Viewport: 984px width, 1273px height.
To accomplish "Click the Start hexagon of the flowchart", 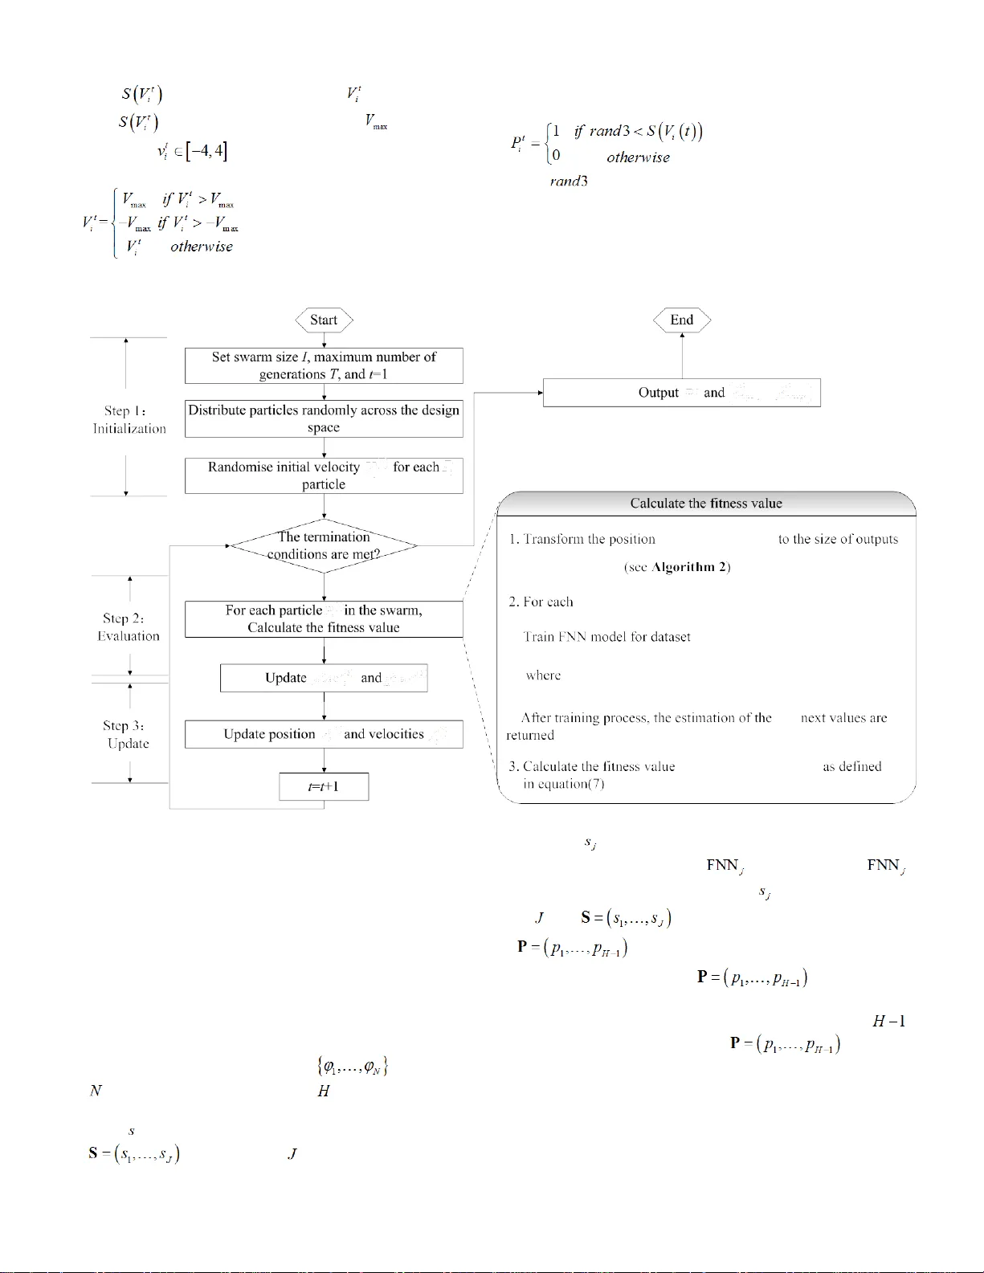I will pos(324,320).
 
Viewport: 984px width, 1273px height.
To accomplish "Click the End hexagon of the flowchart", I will pos(682,320).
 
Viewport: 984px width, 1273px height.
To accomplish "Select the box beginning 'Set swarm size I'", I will pos(324,365).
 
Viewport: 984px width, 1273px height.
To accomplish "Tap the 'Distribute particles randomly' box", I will pos(324,418).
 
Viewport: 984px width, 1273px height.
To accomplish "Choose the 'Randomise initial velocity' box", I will pos(324,475).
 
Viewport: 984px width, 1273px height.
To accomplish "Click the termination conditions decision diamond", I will pos(324,545).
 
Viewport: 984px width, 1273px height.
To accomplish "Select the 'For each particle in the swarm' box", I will pos(324,619).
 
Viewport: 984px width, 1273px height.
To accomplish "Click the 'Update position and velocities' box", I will pos(324,734).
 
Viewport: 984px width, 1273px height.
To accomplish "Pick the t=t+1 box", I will pos(324,786).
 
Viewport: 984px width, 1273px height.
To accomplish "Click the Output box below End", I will pos(682,393).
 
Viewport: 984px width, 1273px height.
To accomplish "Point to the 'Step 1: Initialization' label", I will pos(129,420).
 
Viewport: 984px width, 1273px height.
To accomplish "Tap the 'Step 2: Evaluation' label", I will pos(129,627).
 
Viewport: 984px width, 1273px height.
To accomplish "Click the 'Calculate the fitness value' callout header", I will pos(706,504).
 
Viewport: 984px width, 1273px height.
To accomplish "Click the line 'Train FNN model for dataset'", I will pos(606,637).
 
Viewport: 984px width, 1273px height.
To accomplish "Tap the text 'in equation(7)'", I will pos(563,784).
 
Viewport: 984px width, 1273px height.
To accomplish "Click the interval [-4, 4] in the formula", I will pos(206,151).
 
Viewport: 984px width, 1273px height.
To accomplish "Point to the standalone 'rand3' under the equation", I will pos(569,182).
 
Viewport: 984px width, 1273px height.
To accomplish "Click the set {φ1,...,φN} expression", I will pos(353,1067).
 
